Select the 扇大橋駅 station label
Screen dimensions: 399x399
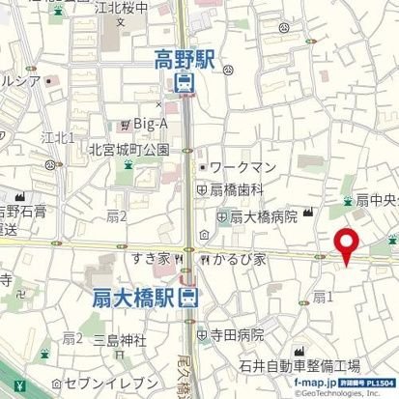135,298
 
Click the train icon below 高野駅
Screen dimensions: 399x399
185,83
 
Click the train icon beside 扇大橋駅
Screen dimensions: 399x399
192,298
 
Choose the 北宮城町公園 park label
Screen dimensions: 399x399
128,149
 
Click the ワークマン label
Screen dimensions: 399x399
243,167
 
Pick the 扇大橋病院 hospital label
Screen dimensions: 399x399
263,217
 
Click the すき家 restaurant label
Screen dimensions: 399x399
153,259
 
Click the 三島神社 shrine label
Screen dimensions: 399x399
119,339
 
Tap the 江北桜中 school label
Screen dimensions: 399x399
124,8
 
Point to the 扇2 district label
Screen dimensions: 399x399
117,215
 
